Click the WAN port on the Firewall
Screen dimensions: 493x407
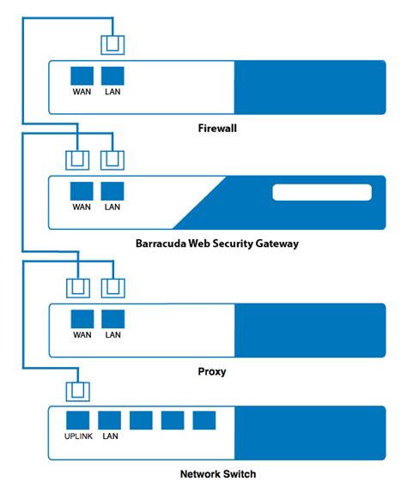coord(82,75)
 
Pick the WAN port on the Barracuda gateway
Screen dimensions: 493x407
coord(82,190)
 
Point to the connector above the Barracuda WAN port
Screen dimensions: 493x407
coord(78,159)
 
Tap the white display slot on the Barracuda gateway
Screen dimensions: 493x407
coord(322,192)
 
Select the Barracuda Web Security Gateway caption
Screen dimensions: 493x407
coord(216,243)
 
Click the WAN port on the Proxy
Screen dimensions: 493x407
coord(82,319)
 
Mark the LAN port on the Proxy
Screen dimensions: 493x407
coord(113,319)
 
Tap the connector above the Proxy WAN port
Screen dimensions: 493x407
coord(78,288)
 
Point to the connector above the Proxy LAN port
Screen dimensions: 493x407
coord(112,288)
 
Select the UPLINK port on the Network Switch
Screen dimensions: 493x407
coord(79,420)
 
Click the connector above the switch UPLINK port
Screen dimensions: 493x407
coord(78,391)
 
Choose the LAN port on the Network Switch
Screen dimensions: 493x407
coord(110,420)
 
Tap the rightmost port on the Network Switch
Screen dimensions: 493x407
coord(204,420)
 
